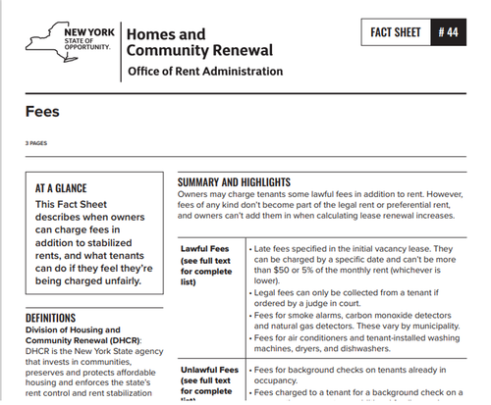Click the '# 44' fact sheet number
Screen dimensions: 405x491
pos(448,33)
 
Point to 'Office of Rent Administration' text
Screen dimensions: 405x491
pos(205,72)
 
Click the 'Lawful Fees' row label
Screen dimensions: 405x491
pos(204,249)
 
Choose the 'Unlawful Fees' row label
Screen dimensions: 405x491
pos(210,370)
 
